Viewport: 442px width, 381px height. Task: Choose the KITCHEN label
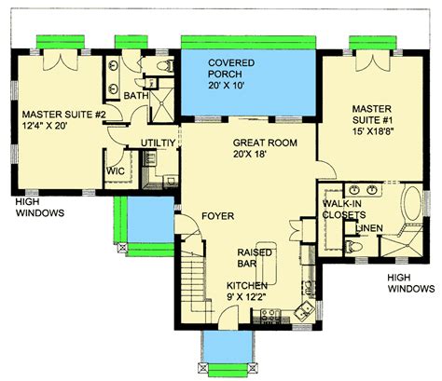(x=248, y=285)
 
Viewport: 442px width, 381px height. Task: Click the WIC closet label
(x=116, y=171)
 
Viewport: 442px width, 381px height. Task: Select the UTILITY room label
(x=156, y=142)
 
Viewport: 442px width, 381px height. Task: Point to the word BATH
(x=136, y=95)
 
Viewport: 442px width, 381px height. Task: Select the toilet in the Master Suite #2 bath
(x=165, y=65)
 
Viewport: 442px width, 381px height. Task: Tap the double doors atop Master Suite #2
(x=61, y=58)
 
